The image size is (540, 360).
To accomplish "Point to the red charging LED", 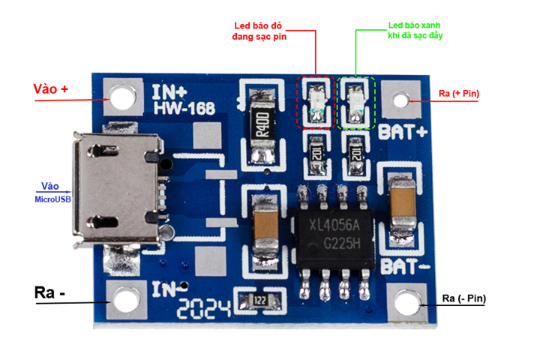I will (316, 101).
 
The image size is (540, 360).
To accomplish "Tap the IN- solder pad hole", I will (125, 301).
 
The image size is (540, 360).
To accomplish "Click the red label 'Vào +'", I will (51, 89).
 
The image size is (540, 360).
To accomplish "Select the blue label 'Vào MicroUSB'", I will (50, 192).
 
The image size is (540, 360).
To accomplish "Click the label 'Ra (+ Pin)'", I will (460, 94).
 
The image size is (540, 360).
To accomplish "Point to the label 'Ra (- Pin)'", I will (463, 299).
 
